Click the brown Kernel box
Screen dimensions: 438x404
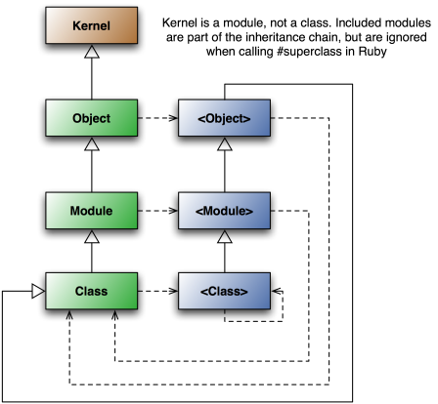click(x=92, y=25)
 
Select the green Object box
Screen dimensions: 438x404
click(x=92, y=118)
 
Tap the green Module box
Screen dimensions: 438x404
click(x=92, y=211)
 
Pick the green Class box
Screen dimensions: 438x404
click(x=92, y=291)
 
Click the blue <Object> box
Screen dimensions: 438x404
click(x=224, y=118)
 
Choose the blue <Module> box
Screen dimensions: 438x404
click(x=224, y=211)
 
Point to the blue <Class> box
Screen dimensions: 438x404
click(x=224, y=291)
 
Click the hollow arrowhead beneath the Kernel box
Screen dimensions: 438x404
click(x=92, y=52)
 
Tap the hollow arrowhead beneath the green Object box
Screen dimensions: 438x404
click(x=92, y=144)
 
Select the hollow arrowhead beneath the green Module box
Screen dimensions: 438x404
click(x=92, y=237)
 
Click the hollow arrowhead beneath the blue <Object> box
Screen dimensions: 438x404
click(x=225, y=144)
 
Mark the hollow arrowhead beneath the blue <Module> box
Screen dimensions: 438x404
click(x=225, y=237)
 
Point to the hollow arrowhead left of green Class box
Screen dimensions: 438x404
click(x=38, y=291)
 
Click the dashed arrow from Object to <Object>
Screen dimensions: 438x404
click(x=158, y=118)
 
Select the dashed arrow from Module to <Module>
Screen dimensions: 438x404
click(x=158, y=211)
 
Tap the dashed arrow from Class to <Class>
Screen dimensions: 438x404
click(x=158, y=291)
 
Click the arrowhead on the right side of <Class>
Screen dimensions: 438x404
click(x=276, y=291)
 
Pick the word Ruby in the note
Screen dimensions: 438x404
click(x=372, y=52)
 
